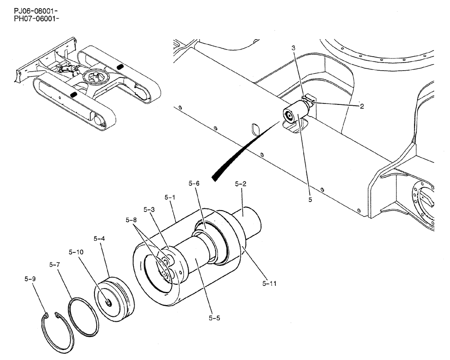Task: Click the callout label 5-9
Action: (30, 279)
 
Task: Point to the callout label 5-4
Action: (99, 238)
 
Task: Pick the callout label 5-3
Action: (149, 209)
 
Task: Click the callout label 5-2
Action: (242, 184)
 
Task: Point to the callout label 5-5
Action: (214, 318)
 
